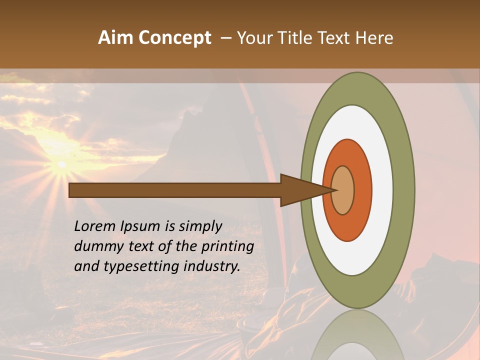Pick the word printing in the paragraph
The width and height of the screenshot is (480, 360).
pos(227,246)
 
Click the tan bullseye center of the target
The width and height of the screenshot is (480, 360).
pos(343,190)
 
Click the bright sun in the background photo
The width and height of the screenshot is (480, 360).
pos(61,164)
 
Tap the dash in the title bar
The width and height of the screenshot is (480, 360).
pos(226,38)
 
